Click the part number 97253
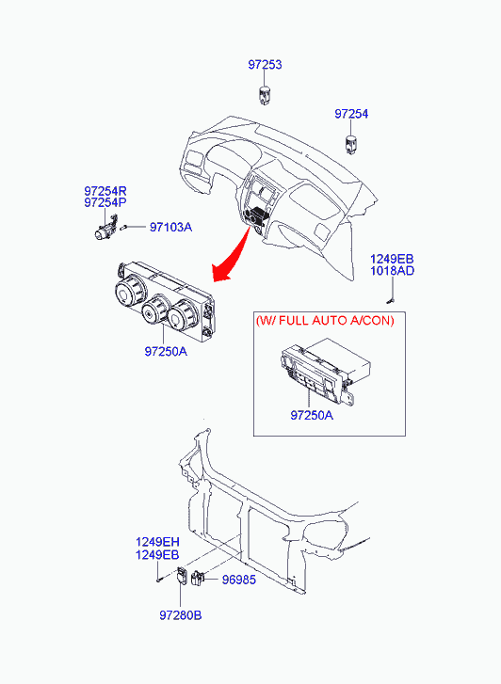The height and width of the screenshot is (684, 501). tap(265, 65)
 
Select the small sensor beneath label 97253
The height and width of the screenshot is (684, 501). tap(265, 96)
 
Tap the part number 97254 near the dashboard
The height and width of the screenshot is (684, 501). tap(351, 114)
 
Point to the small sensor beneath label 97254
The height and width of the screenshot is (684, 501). tap(350, 145)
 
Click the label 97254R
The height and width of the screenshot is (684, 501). tap(105, 191)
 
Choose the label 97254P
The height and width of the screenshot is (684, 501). tap(105, 203)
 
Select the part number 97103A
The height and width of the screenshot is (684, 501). tap(170, 228)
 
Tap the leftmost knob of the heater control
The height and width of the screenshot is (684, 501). tap(129, 291)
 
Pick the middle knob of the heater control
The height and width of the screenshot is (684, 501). tap(155, 310)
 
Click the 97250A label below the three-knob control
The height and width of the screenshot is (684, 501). tap(166, 352)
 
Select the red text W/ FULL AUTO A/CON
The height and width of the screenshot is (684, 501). tap(325, 321)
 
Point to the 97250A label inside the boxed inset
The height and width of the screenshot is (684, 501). tap(312, 415)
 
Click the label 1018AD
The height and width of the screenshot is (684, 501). tap(392, 271)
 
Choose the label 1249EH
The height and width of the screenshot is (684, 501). tap(157, 542)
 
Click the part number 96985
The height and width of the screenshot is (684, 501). tap(239, 580)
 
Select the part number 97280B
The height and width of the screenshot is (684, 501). tap(181, 615)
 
